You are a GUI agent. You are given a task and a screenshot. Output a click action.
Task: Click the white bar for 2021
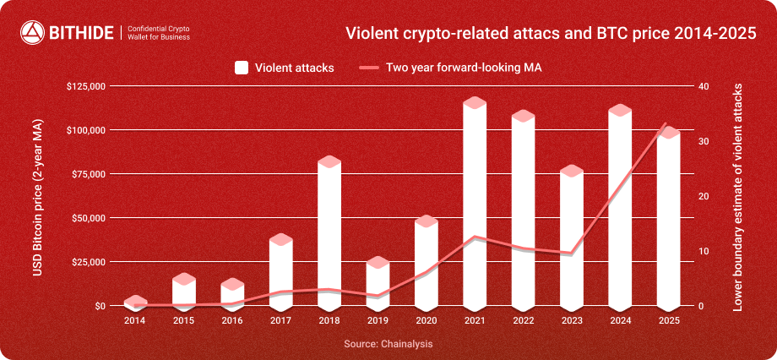coord(475,203)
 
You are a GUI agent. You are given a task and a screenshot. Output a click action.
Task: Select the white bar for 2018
coord(329,232)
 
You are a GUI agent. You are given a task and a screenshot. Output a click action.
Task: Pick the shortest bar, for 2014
coord(135,303)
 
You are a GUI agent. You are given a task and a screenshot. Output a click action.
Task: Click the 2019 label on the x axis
coord(378,320)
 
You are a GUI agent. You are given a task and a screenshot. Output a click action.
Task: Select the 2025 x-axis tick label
coord(669,320)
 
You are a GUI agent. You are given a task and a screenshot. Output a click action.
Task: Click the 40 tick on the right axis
coord(702,86)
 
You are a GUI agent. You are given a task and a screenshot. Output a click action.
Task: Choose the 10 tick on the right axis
coord(702,251)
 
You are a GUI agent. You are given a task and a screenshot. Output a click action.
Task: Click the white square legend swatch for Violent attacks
coord(241,68)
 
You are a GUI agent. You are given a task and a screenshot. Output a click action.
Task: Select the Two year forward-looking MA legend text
coord(463,68)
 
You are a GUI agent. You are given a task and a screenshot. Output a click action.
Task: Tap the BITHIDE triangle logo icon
coord(31,33)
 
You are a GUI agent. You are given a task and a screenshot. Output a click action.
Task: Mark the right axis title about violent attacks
coord(737,195)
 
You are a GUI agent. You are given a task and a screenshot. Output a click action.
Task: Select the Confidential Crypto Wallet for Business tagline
coord(158,33)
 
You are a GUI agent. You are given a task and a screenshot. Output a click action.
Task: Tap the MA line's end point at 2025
coord(666,124)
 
